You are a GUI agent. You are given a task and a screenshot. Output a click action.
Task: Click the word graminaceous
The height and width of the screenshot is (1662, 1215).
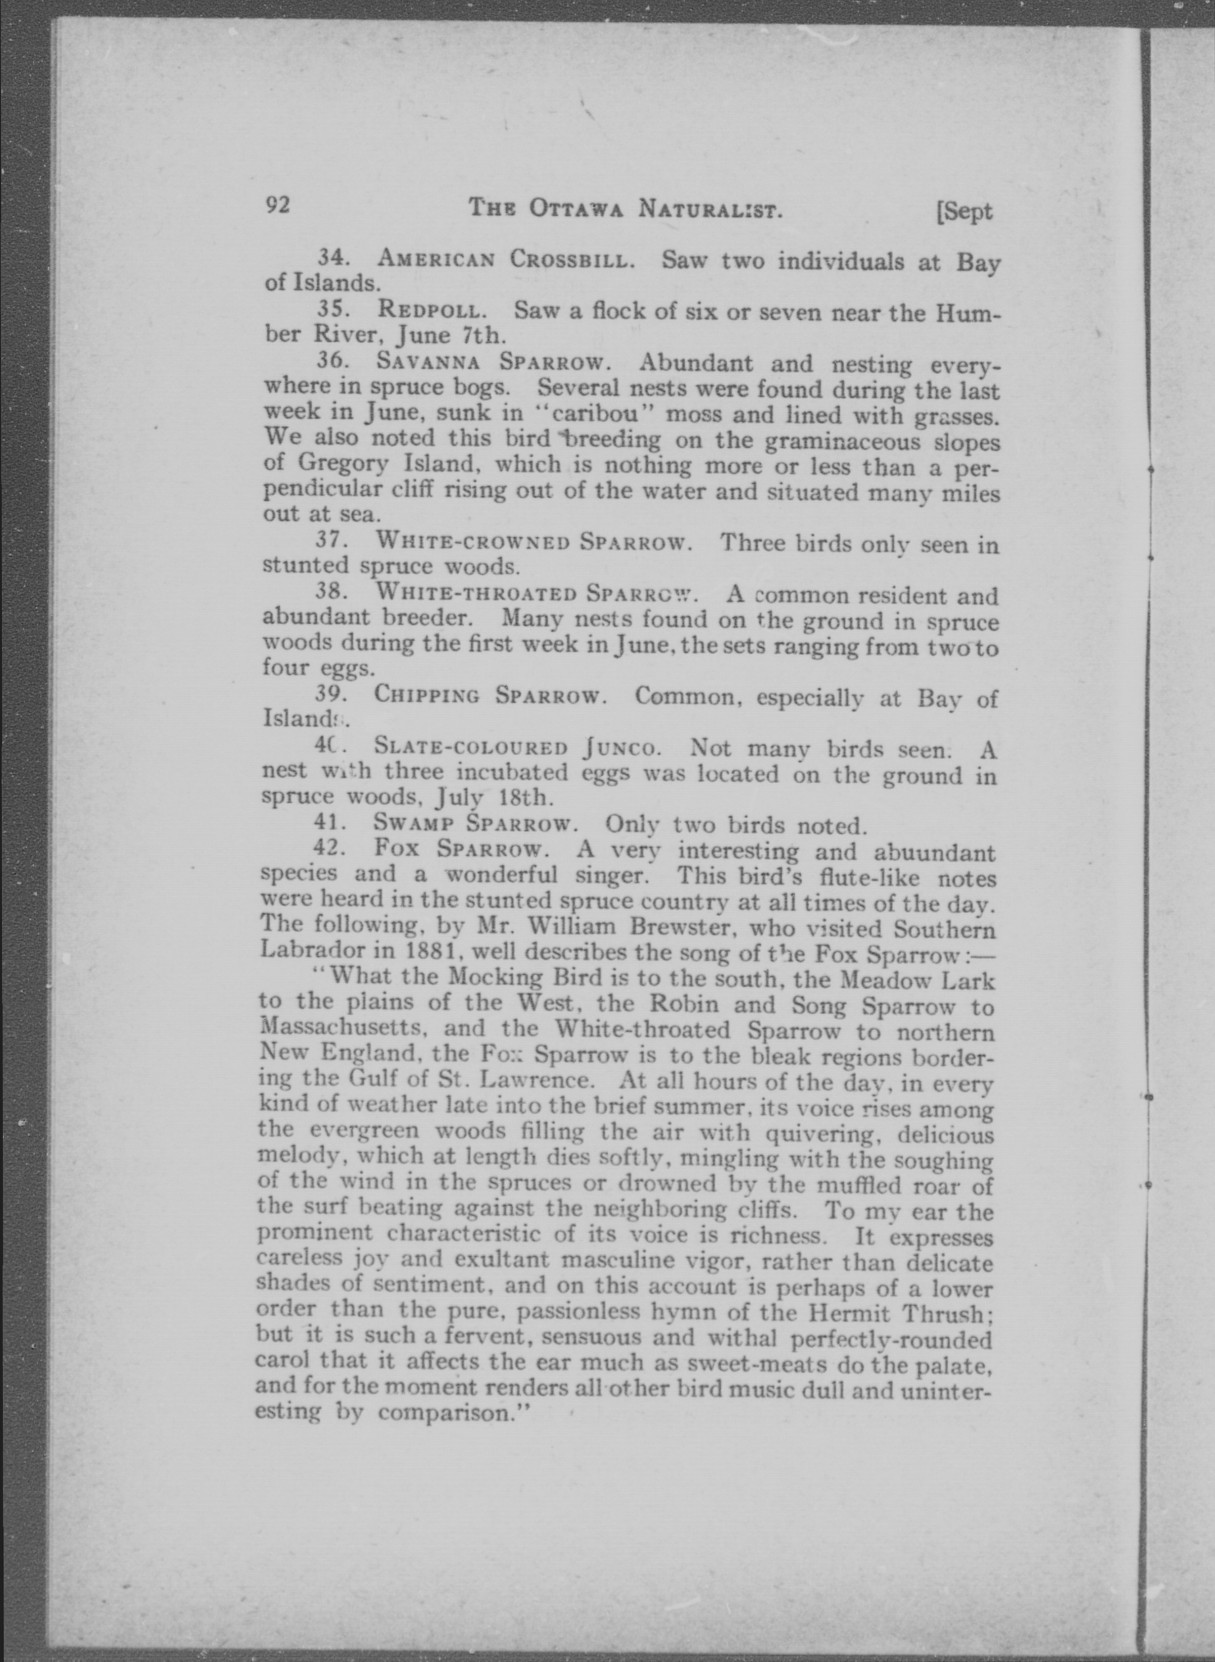tap(842, 441)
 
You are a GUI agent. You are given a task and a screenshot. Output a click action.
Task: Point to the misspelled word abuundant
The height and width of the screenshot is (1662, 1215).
tap(934, 852)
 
